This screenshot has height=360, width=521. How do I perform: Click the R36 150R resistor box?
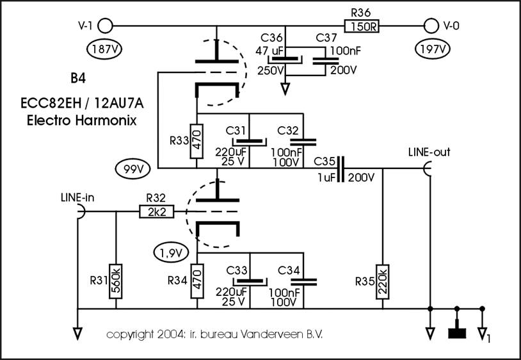362,26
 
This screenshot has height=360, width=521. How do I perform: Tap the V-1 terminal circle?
106,26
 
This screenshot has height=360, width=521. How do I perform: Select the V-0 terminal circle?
431,26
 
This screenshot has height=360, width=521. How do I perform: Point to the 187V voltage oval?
104,49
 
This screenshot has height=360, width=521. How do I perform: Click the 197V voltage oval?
433,49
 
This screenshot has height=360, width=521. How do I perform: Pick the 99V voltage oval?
132,169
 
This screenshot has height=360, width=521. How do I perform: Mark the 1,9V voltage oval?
171,253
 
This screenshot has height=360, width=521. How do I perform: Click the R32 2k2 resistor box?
156,212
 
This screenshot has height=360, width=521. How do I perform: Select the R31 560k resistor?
116,281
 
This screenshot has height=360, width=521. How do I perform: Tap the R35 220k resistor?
383,282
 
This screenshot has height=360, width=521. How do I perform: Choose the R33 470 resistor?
196,142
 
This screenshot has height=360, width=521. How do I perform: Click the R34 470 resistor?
197,281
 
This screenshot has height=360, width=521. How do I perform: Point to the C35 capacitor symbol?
341,168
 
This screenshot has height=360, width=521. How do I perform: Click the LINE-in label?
77,197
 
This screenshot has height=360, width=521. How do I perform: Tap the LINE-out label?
429,152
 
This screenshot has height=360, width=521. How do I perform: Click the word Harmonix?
106,120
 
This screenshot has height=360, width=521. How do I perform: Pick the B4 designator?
78,78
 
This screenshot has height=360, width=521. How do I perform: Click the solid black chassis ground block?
457,333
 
